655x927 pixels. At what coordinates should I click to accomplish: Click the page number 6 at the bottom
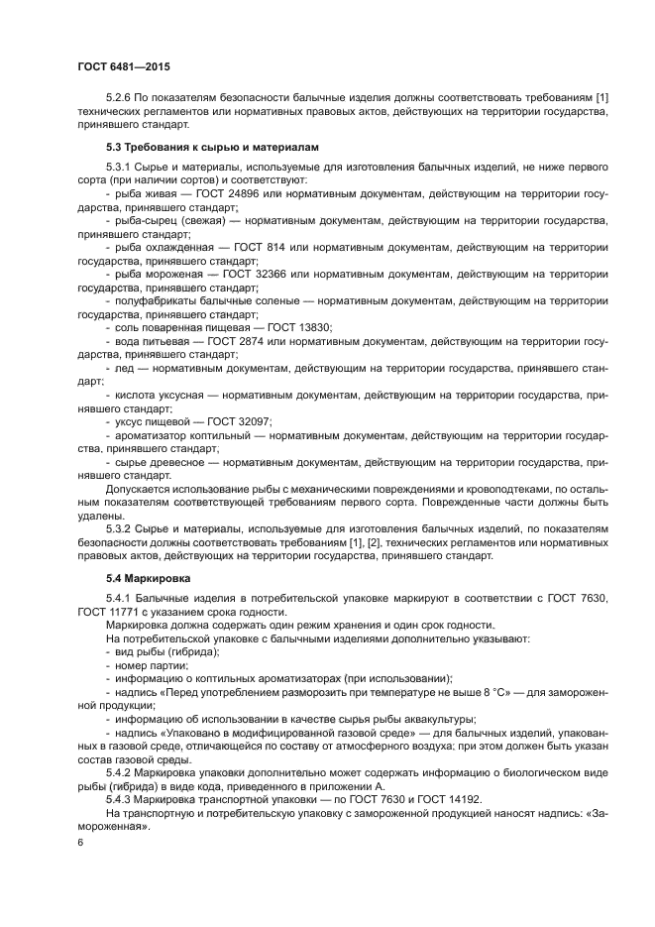[x=80, y=842]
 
